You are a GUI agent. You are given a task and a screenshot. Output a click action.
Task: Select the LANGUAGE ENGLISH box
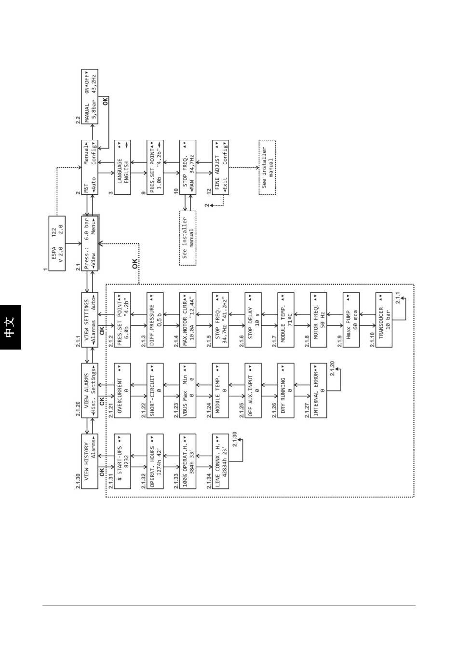pyautogui.click(x=122, y=167)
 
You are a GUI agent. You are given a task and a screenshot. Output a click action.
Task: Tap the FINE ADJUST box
pyautogui.click(x=221, y=167)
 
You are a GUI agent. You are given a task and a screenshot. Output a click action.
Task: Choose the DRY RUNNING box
pyautogui.click(x=286, y=390)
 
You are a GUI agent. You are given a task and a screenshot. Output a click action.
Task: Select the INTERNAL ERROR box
pyautogui.click(x=319, y=390)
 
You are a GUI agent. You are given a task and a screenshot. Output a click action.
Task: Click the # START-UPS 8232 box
pyautogui.click(x=122, y=461)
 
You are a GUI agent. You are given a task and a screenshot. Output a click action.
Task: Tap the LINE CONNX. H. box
pyautogui.click(x=221, y=461)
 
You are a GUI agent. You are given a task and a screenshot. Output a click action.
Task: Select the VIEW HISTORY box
pyautogui.click(x=90, y=461)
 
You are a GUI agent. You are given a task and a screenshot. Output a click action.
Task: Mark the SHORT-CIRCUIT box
pyautogui.click(x=155, y=390)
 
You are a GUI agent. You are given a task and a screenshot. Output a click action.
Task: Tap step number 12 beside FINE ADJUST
pyautogui.click(x=209, y=191)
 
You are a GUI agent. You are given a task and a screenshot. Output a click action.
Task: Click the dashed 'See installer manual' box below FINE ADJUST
pyautogui.click(x=267, y=167)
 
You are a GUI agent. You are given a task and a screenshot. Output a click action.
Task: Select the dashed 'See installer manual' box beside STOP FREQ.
pyautogui.click(x=188, y=238)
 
